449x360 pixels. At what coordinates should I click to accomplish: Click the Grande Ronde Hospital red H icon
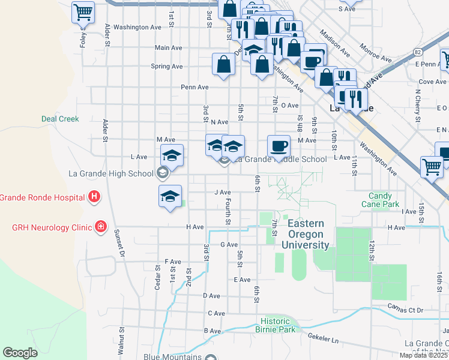click(94, 196)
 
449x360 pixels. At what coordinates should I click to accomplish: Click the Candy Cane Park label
click(380, 200)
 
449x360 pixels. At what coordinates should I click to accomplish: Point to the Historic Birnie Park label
click(278, 325)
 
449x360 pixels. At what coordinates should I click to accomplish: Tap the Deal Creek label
click(60, 119)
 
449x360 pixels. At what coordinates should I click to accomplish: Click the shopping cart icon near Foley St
click(83, 11)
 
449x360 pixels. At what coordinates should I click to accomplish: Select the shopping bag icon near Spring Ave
click(224, 64)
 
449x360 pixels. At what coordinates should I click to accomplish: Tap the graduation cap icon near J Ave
click(170, 196)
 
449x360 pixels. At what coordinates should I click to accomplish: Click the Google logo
click(20, 353)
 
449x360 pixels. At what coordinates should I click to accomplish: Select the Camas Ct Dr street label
click(405, 310)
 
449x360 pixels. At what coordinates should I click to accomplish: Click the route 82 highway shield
click(417, 53)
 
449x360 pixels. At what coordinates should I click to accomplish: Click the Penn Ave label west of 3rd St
click(195, 87)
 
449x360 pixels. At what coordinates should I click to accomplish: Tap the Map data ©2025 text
click(424, 355)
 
